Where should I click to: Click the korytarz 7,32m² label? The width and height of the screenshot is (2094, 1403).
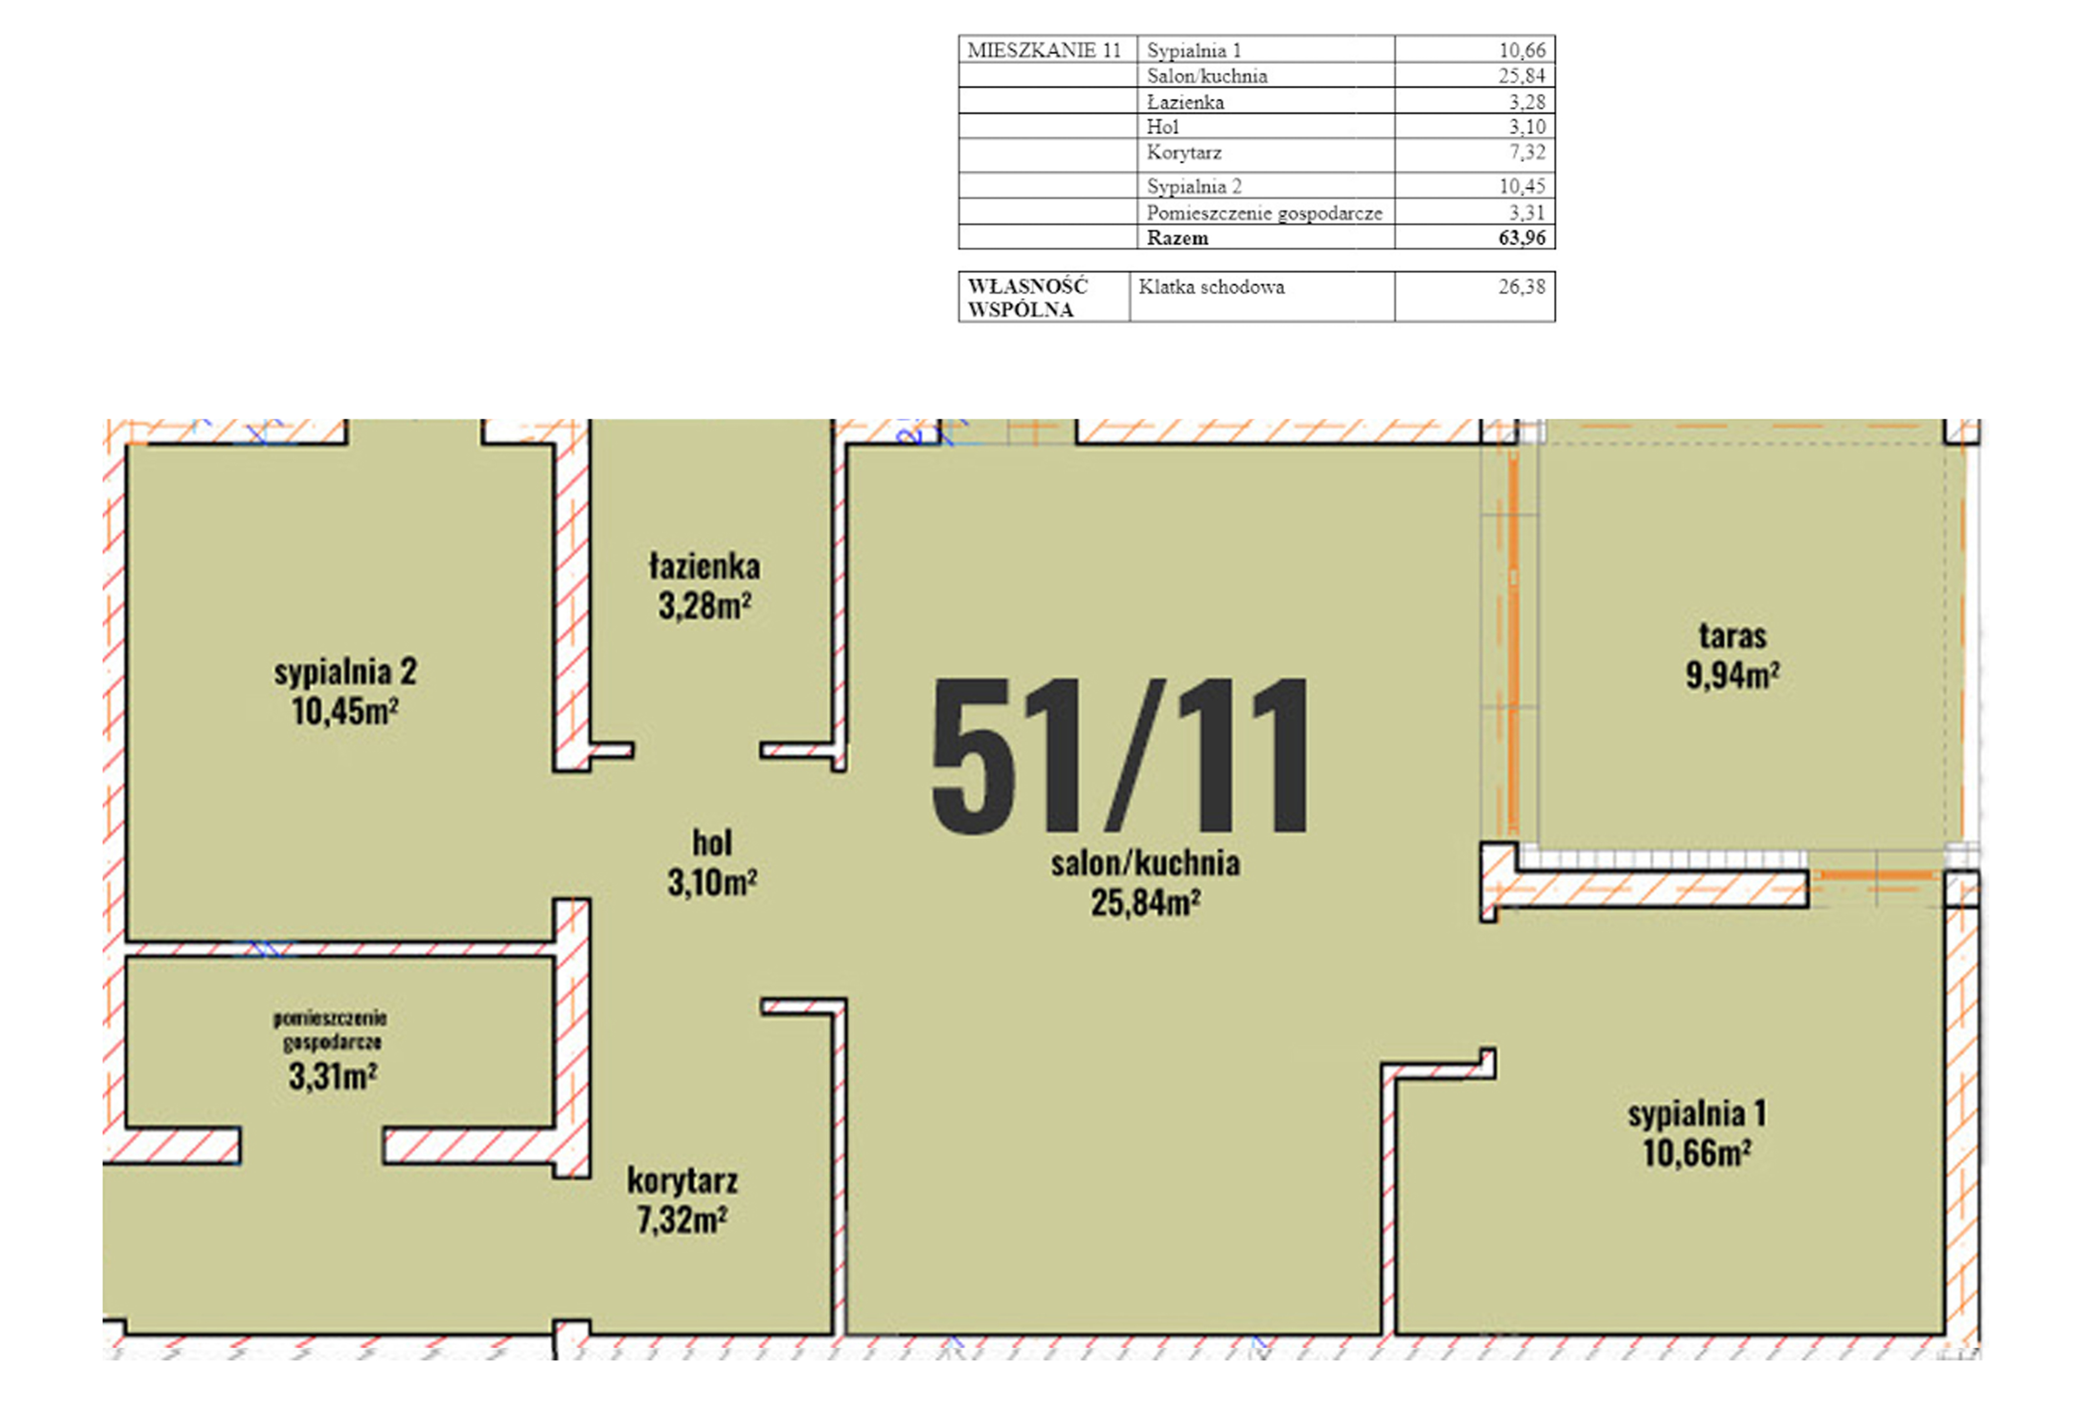tap(683, 1200)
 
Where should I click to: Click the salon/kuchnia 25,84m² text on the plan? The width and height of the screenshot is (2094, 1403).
tap(1146, 882)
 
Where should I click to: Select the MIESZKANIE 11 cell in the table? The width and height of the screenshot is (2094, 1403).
tap(1044, 50)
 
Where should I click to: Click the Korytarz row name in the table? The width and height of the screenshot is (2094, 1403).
tap(1184, 152)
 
